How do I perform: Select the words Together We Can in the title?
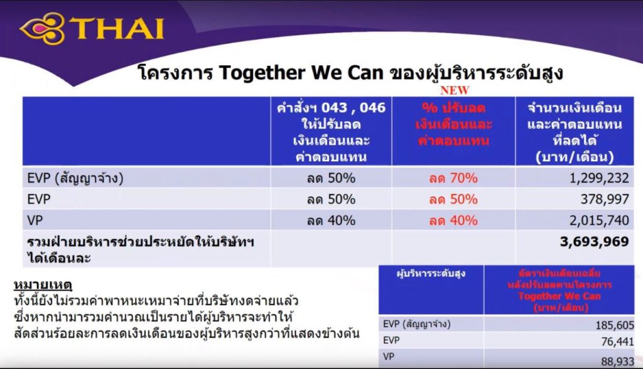click(x=302, y=73)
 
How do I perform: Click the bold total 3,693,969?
click(x=594, y=242)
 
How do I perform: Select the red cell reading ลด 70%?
click(x=453, y=178)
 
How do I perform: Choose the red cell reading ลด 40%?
click(x=453, y=220)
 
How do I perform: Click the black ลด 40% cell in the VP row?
click(x=331, y=220)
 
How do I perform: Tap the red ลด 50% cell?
click(x=453, y=200)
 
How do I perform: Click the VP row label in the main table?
click(x=36, y=220)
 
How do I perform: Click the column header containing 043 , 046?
click(x=331, y=131)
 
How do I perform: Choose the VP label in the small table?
click(x=389, y=357)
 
